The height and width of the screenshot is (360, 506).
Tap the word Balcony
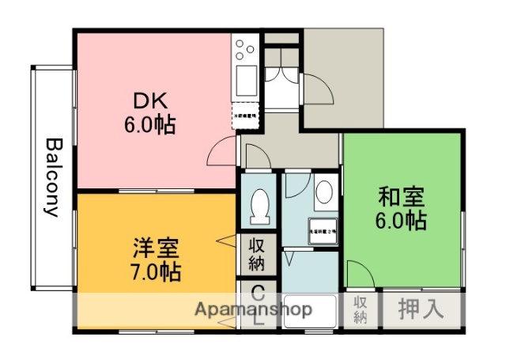[52, 177]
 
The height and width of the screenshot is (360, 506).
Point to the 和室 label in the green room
[401, 195]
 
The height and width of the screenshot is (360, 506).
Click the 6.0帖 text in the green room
[401, 221]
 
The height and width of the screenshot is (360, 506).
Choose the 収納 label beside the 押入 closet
[361, 309]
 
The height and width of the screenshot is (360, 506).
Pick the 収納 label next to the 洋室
[257, 254]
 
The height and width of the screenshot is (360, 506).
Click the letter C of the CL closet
[257, 292]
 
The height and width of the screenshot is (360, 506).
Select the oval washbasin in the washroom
[323, 192]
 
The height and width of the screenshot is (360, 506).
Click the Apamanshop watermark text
[253, 309]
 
